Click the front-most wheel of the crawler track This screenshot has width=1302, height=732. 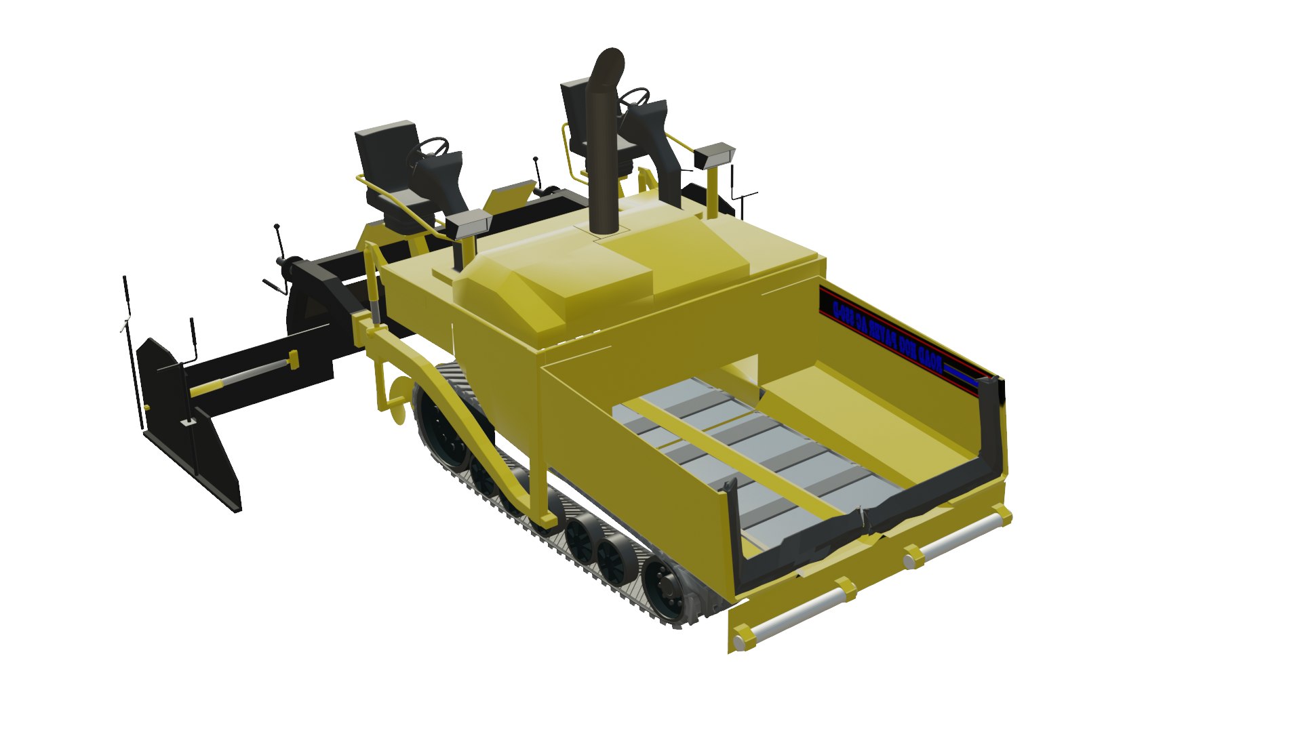coord(661,586)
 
